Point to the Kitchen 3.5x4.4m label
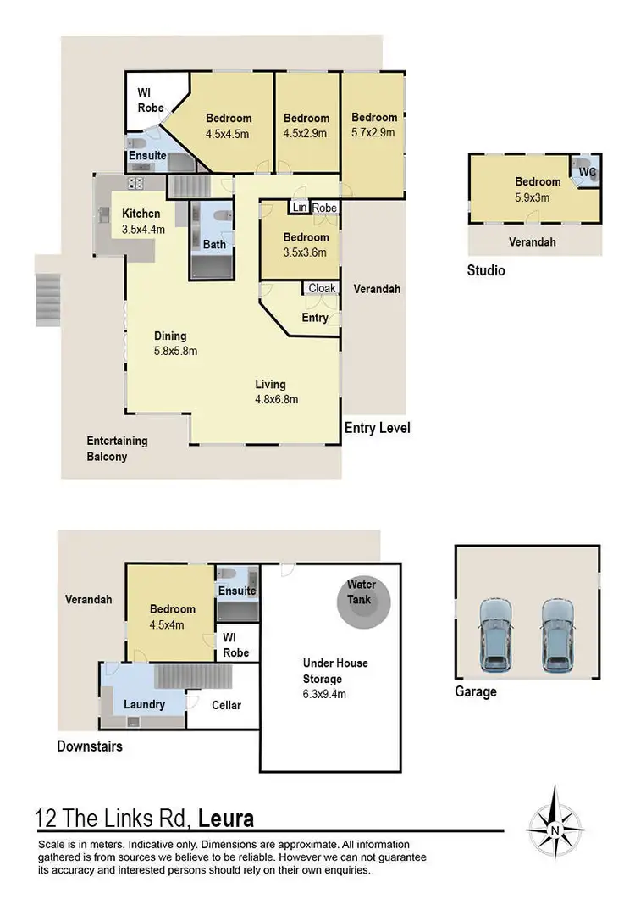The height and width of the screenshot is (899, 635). click(x=141, y=220)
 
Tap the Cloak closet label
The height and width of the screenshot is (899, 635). click(x=322, y=289)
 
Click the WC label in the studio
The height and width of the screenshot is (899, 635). click(x=587, y=172)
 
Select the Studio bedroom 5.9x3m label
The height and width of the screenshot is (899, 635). click(x=538, y=188)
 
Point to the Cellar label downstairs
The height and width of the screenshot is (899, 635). click(x=226, y=705)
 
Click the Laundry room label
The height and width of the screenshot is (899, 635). click(x=144, y=704)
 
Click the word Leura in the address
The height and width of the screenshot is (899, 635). click(x=225, y=819)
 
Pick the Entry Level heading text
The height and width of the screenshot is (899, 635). click(x=377, y=428)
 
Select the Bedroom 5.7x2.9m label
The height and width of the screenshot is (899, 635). click(x=374, y=125)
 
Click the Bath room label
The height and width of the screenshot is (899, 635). click(x=213, y=245)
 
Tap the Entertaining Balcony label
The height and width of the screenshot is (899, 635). click(x=117, y=448)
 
